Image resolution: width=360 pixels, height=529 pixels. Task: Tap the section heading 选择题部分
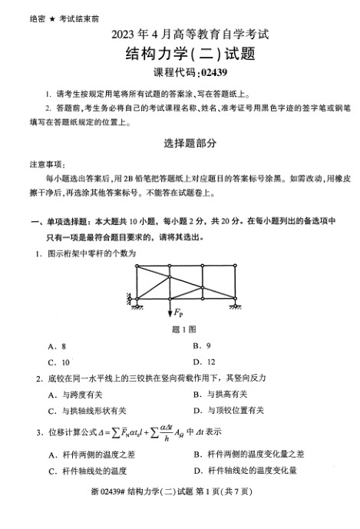(x=180, y=144)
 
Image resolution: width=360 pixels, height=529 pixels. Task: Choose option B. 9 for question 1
(x=200, y=346)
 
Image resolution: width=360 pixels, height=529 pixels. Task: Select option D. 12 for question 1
(x=201, y=362)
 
